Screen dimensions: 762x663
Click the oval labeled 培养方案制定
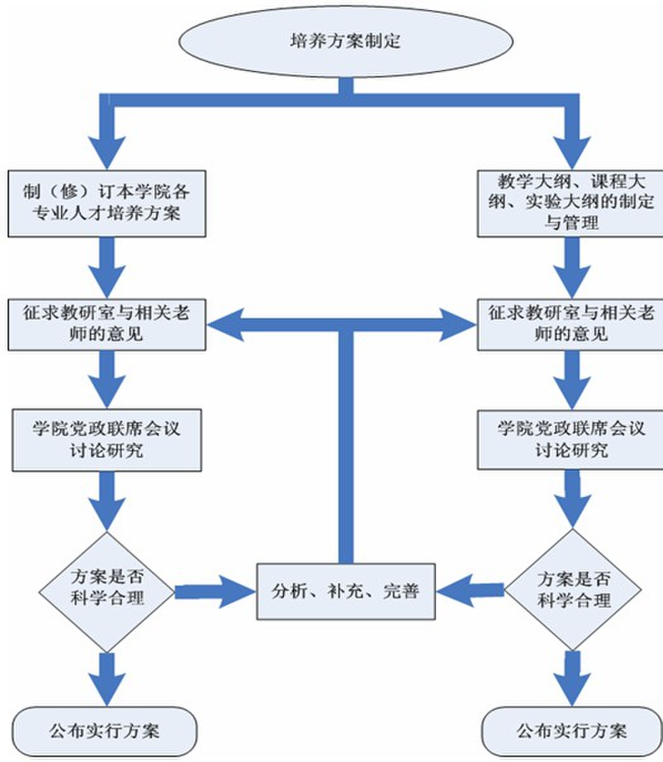click(x=345, y=41)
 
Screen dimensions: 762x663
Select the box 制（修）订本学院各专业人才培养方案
click(x=106, y=203)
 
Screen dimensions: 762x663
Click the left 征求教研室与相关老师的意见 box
click(x=106, y=324)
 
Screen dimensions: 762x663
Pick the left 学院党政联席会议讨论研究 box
click(x=106, y=439)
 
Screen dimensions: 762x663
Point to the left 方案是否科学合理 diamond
click(x=106, y=591)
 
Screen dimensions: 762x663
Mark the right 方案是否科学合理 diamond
click(x=573, y=590)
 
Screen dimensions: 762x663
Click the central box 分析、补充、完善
click(x=345, y=591)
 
